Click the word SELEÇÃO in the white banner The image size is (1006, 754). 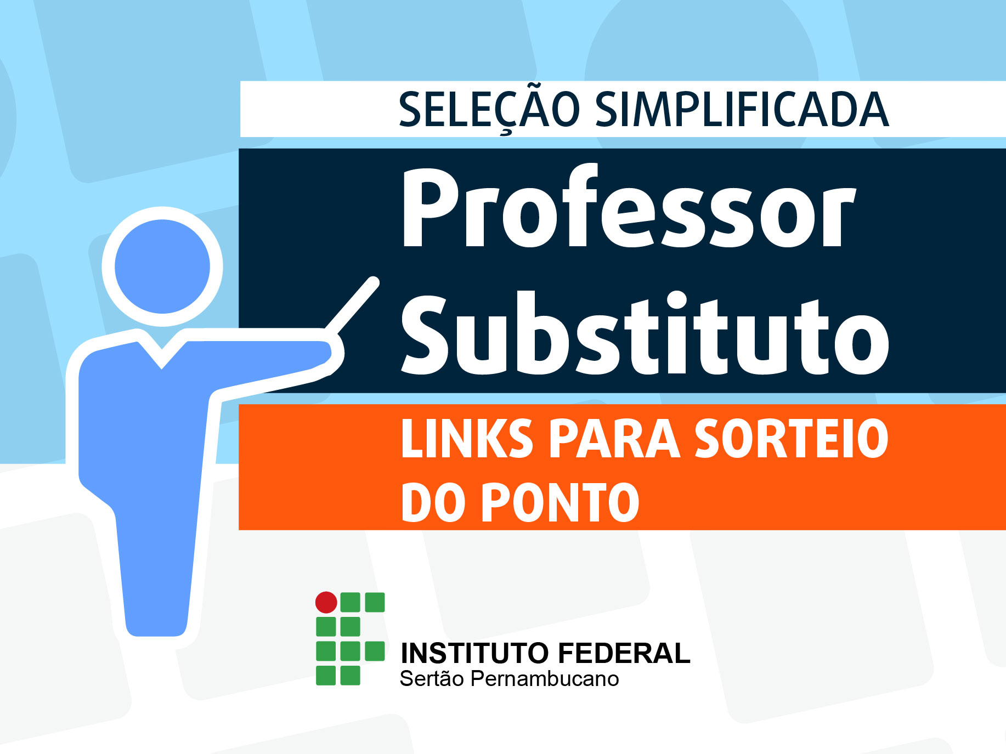(x=489, y=110)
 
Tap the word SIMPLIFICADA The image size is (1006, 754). (x=742, y=110)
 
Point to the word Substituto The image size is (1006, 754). (x=645, y=333)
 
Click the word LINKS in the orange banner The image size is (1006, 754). (x=467, y=438)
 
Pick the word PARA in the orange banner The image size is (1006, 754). (x=615, y=438)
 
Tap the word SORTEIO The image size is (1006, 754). (x=792, y=438)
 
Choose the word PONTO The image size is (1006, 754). (x=560, y=502)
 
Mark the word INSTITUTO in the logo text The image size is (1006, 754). (x=475, y=653)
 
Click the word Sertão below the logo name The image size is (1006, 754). (x=432, y=678)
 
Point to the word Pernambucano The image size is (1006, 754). (x=545, y=679)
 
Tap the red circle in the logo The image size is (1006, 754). (x=326, y=602)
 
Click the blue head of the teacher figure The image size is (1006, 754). (x=162, y=267)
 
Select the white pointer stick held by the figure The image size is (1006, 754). (x=352, y=305)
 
